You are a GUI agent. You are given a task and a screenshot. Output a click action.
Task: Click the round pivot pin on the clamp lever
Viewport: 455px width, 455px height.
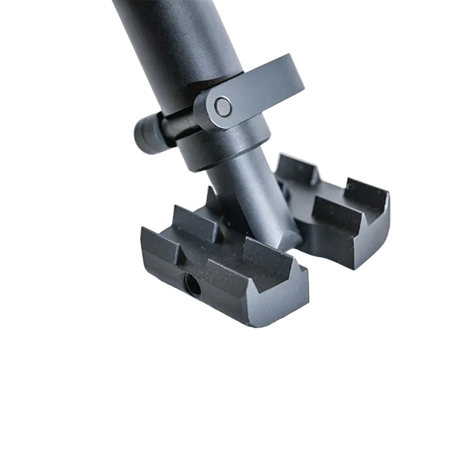pos(222,106)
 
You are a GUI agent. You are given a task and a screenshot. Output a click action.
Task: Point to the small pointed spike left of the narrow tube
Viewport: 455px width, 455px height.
pos(211,195)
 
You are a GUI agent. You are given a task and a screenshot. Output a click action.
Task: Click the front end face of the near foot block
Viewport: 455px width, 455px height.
pos(281,311)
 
